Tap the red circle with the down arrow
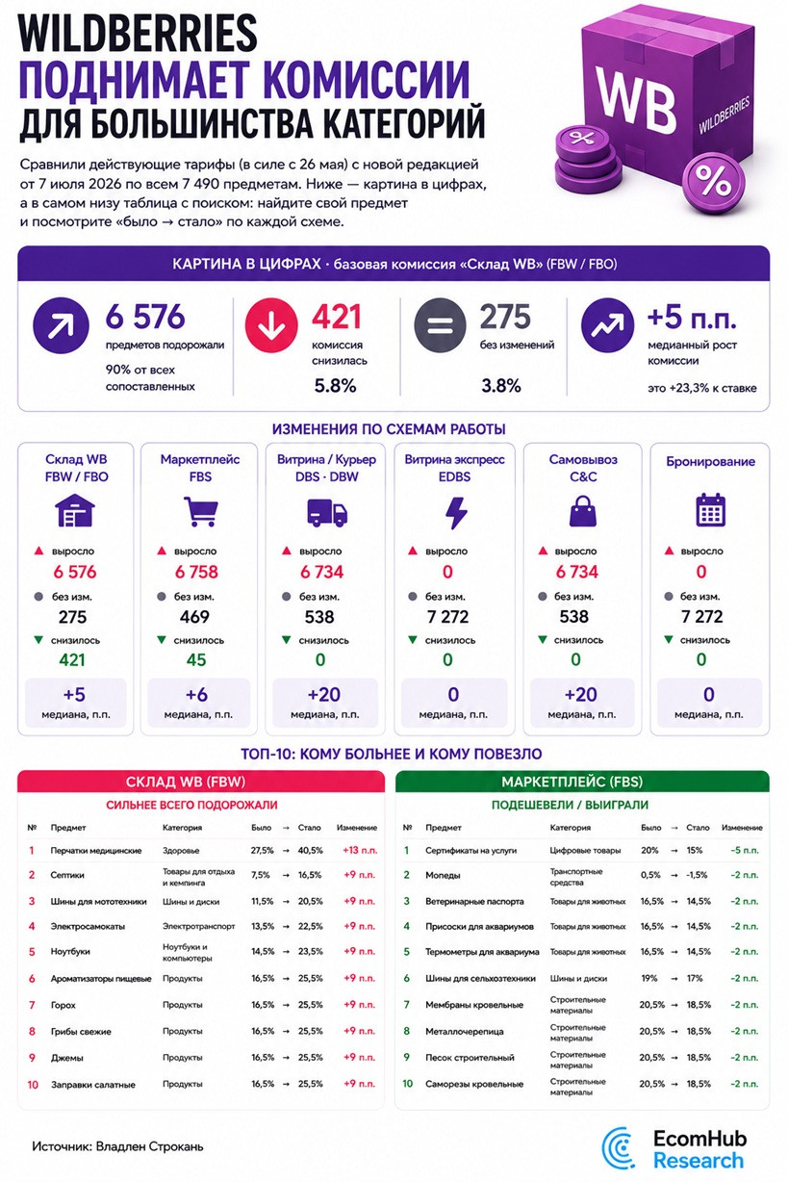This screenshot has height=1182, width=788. click(271, 325)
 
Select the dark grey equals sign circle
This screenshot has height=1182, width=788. click(440, 325)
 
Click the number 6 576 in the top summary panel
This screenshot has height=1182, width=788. click(145, 317)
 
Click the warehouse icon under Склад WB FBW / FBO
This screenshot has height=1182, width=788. click(75, 510)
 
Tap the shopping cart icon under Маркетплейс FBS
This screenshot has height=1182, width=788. click(200, 511)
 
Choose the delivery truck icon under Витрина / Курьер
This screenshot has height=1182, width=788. click(327, 512)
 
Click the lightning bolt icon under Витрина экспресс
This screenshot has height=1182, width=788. click(456, 512)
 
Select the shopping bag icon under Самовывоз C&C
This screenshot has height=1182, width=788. click(583, 511)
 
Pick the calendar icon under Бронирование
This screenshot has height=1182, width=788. click(710, 510)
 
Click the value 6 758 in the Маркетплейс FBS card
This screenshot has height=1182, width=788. click(196, 572)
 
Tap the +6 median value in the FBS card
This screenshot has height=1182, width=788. click(196, 694)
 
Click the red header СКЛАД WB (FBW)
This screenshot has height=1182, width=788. click(201, 782)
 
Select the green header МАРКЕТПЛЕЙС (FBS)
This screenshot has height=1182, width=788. click(582, 782)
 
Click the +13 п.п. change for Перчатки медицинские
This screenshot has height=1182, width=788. click(360, 850)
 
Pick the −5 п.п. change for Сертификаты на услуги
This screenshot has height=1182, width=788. click(745, 850)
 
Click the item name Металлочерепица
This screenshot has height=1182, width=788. click(464, 1031)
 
